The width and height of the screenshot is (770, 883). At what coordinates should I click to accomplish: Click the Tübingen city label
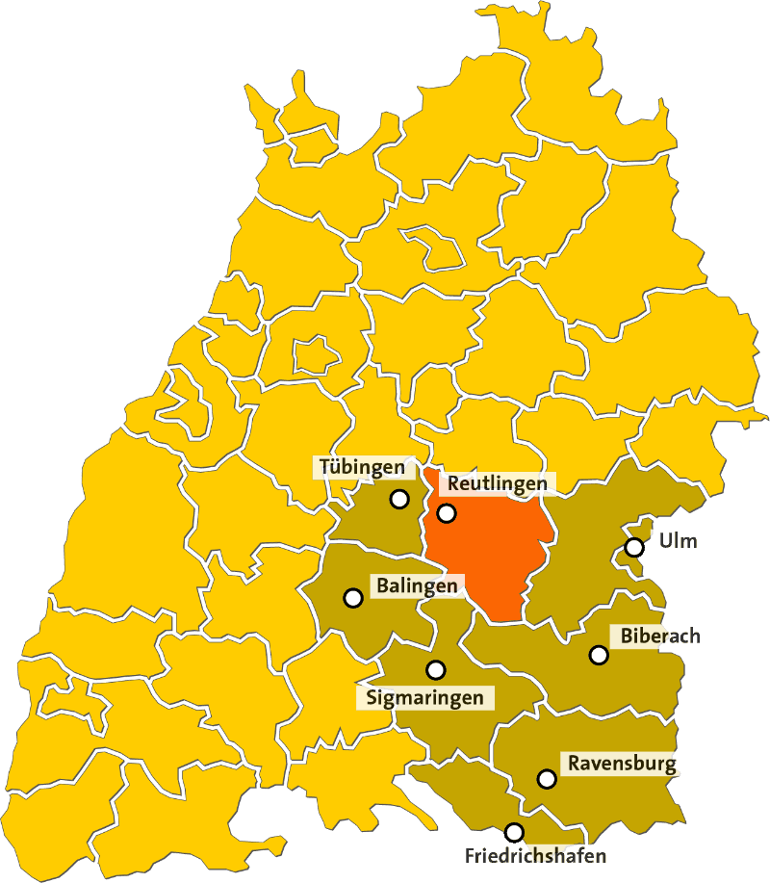click(362, 468)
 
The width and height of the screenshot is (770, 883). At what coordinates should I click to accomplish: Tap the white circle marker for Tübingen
click(399, 499)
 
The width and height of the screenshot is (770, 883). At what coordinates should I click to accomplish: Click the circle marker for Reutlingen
click(447, 513)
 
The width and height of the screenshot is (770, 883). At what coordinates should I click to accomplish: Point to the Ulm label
click(678, 540)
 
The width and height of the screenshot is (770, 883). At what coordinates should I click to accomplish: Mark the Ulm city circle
click(633, 547)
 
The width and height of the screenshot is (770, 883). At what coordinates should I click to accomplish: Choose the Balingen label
click(417, 585)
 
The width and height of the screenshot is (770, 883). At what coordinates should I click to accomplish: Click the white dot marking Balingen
click(353, 597)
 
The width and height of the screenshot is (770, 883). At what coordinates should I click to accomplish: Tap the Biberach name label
click(660, 636)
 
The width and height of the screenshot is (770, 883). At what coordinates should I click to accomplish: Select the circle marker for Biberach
click(599, 655)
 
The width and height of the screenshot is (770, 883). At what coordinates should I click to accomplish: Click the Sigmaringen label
click(424, 697)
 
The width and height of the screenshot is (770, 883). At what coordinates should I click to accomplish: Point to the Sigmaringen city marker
click(436, 669)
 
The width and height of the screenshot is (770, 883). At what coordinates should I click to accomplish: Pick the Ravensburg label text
click(622, 765)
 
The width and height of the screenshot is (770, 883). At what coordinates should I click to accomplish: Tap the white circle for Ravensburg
click(547, 778)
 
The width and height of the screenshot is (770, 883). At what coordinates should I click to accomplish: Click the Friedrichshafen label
click(535, 855)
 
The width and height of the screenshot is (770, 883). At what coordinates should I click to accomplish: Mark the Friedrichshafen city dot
click(515, 832)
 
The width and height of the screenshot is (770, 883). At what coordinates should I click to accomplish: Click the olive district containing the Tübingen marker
click(371, 520)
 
